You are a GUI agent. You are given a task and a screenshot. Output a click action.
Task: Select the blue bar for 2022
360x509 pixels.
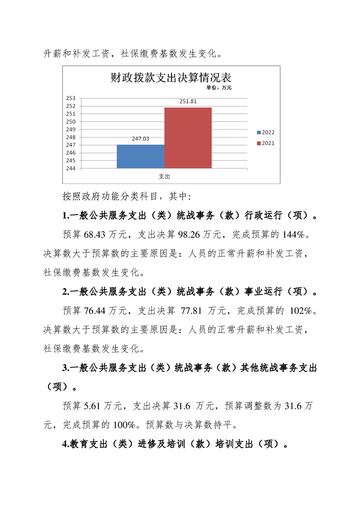[140, 157]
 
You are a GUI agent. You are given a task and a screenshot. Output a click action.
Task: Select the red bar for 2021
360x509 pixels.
[187, 138]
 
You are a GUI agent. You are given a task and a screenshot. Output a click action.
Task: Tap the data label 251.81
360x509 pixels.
[187, 102]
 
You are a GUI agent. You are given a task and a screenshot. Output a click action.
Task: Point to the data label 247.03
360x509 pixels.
[140, 139]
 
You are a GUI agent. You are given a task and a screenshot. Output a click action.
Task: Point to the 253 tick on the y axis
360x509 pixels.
[71, 98]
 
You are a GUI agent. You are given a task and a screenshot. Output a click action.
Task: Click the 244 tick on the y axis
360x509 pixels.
[71, 168]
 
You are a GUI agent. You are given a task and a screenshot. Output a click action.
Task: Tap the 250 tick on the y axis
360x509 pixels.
[71, 122]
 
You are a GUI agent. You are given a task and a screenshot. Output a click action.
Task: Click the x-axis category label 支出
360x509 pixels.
[164, 176]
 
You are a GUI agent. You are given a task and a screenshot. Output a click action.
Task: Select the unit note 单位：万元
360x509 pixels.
[219, 88]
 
